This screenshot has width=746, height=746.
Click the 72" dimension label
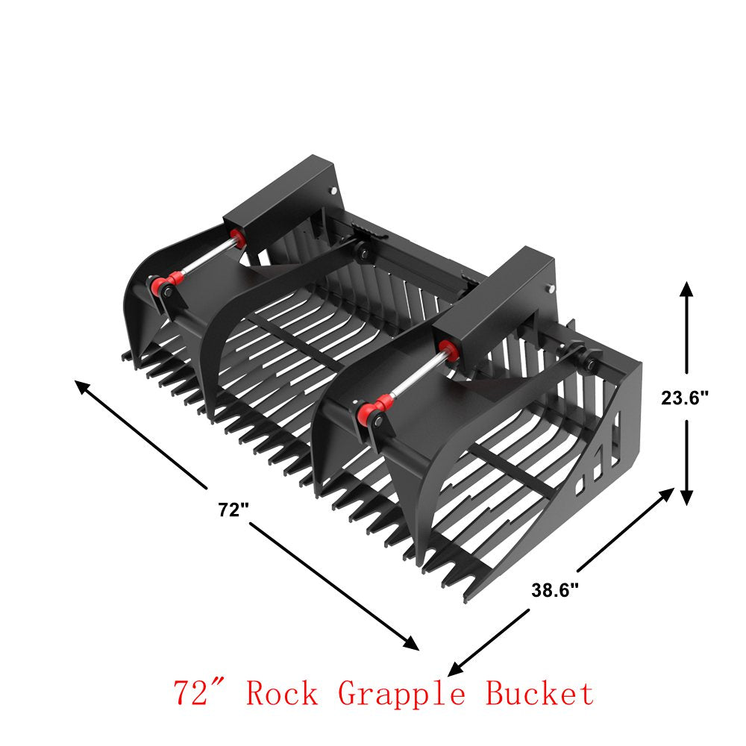pos(233,510)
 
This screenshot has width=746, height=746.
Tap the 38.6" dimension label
pos(555,590)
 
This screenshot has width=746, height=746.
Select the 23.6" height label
pos(685,398)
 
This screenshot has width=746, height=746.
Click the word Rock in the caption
pos(282,694)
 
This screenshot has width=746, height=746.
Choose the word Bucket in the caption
pos(539,694)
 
